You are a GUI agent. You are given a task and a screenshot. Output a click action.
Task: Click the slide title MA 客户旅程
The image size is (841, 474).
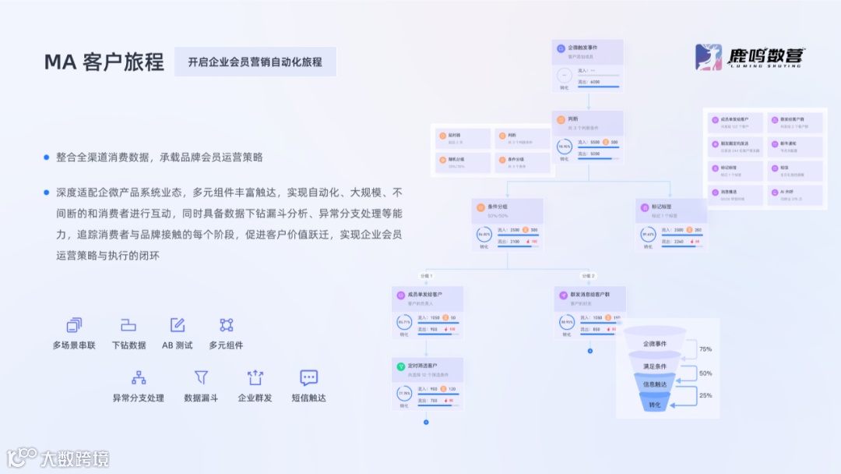point(104,62)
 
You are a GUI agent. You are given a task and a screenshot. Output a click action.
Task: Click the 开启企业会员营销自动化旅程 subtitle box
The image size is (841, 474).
point(255,62)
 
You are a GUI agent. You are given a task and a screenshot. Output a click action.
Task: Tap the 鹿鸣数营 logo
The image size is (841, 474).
point(750,58)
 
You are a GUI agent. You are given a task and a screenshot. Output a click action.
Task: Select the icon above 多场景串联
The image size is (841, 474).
point(74,325)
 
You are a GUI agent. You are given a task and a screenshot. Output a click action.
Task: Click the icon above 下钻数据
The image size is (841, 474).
point(128,325)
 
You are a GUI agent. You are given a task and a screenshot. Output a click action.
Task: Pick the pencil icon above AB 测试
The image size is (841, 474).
point(178,325)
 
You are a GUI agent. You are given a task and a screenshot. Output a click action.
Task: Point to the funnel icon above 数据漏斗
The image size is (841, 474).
point(201,377)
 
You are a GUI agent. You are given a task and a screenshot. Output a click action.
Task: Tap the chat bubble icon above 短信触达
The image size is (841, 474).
point(309,377)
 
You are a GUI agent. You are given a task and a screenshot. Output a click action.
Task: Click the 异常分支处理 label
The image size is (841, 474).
point(139,398)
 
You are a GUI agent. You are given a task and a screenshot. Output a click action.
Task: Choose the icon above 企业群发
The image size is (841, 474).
point(255,377)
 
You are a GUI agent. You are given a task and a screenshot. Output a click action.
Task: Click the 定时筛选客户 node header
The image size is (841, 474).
point(428,368)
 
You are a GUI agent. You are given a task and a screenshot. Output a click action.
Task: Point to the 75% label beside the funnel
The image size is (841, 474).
point(706,349)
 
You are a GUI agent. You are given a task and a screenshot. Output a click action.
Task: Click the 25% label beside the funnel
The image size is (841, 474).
point(706,395)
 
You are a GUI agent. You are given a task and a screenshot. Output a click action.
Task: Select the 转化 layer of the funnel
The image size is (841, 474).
point(654,405)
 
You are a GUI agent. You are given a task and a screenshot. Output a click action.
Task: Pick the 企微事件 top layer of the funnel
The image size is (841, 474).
point(654,343)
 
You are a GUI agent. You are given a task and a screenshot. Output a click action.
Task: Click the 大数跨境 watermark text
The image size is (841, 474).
point(75,458)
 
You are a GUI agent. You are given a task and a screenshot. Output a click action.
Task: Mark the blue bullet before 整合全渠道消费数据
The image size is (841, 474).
point(47,157)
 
